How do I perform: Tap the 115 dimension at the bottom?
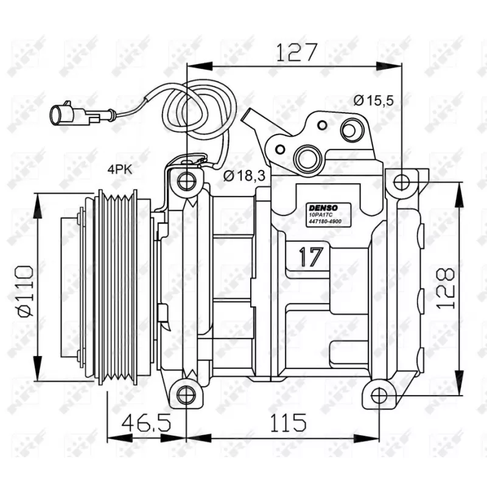click(x=286, y=422)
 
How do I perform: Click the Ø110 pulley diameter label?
click(x=25, y=291)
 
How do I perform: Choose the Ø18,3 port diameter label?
click(x=243, y=176)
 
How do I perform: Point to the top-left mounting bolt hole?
click(x=186, y=180)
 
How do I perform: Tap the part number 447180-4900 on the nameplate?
click(x=324, y=223)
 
